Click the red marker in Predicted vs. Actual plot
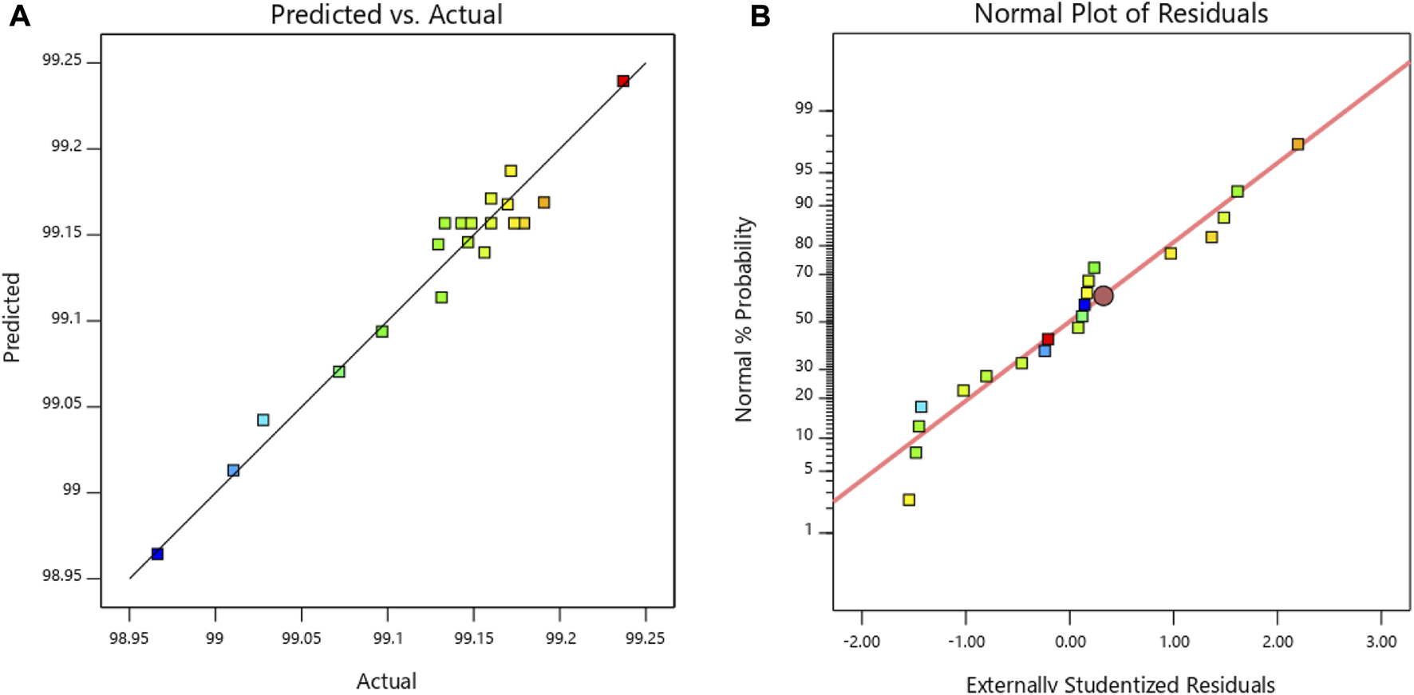(x=623, y=81)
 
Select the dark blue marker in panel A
(x=157, y=554)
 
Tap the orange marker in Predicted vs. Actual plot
(x=543, y=203)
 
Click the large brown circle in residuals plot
(x=1103, y=296)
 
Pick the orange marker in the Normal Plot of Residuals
(x=1298, y=144)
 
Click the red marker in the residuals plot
(x=1048, y=339)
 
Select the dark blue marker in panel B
(x=1084, y=305)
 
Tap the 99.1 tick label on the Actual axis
(x=387, y=638)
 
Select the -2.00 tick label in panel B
(x=862, y=642)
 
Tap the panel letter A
(x=19, y=15)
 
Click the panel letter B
(x=760, y=15)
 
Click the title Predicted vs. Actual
(x=386, y=14)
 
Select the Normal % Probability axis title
(x=744, y=319)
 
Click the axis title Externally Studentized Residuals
(x=1120, y=684)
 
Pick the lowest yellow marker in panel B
(x=909, y=500)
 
